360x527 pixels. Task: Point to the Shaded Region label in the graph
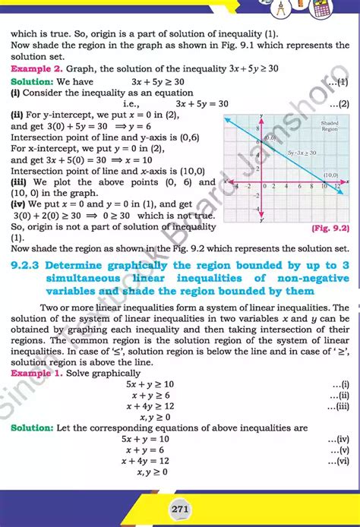[329, 125]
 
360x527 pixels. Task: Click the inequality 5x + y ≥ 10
[150, 385]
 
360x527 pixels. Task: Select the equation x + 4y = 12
[150, 461]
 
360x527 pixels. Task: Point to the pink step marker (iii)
[20, 182]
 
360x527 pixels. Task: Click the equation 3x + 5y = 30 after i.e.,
[202, 104]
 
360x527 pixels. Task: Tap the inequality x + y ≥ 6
[150, 396]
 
